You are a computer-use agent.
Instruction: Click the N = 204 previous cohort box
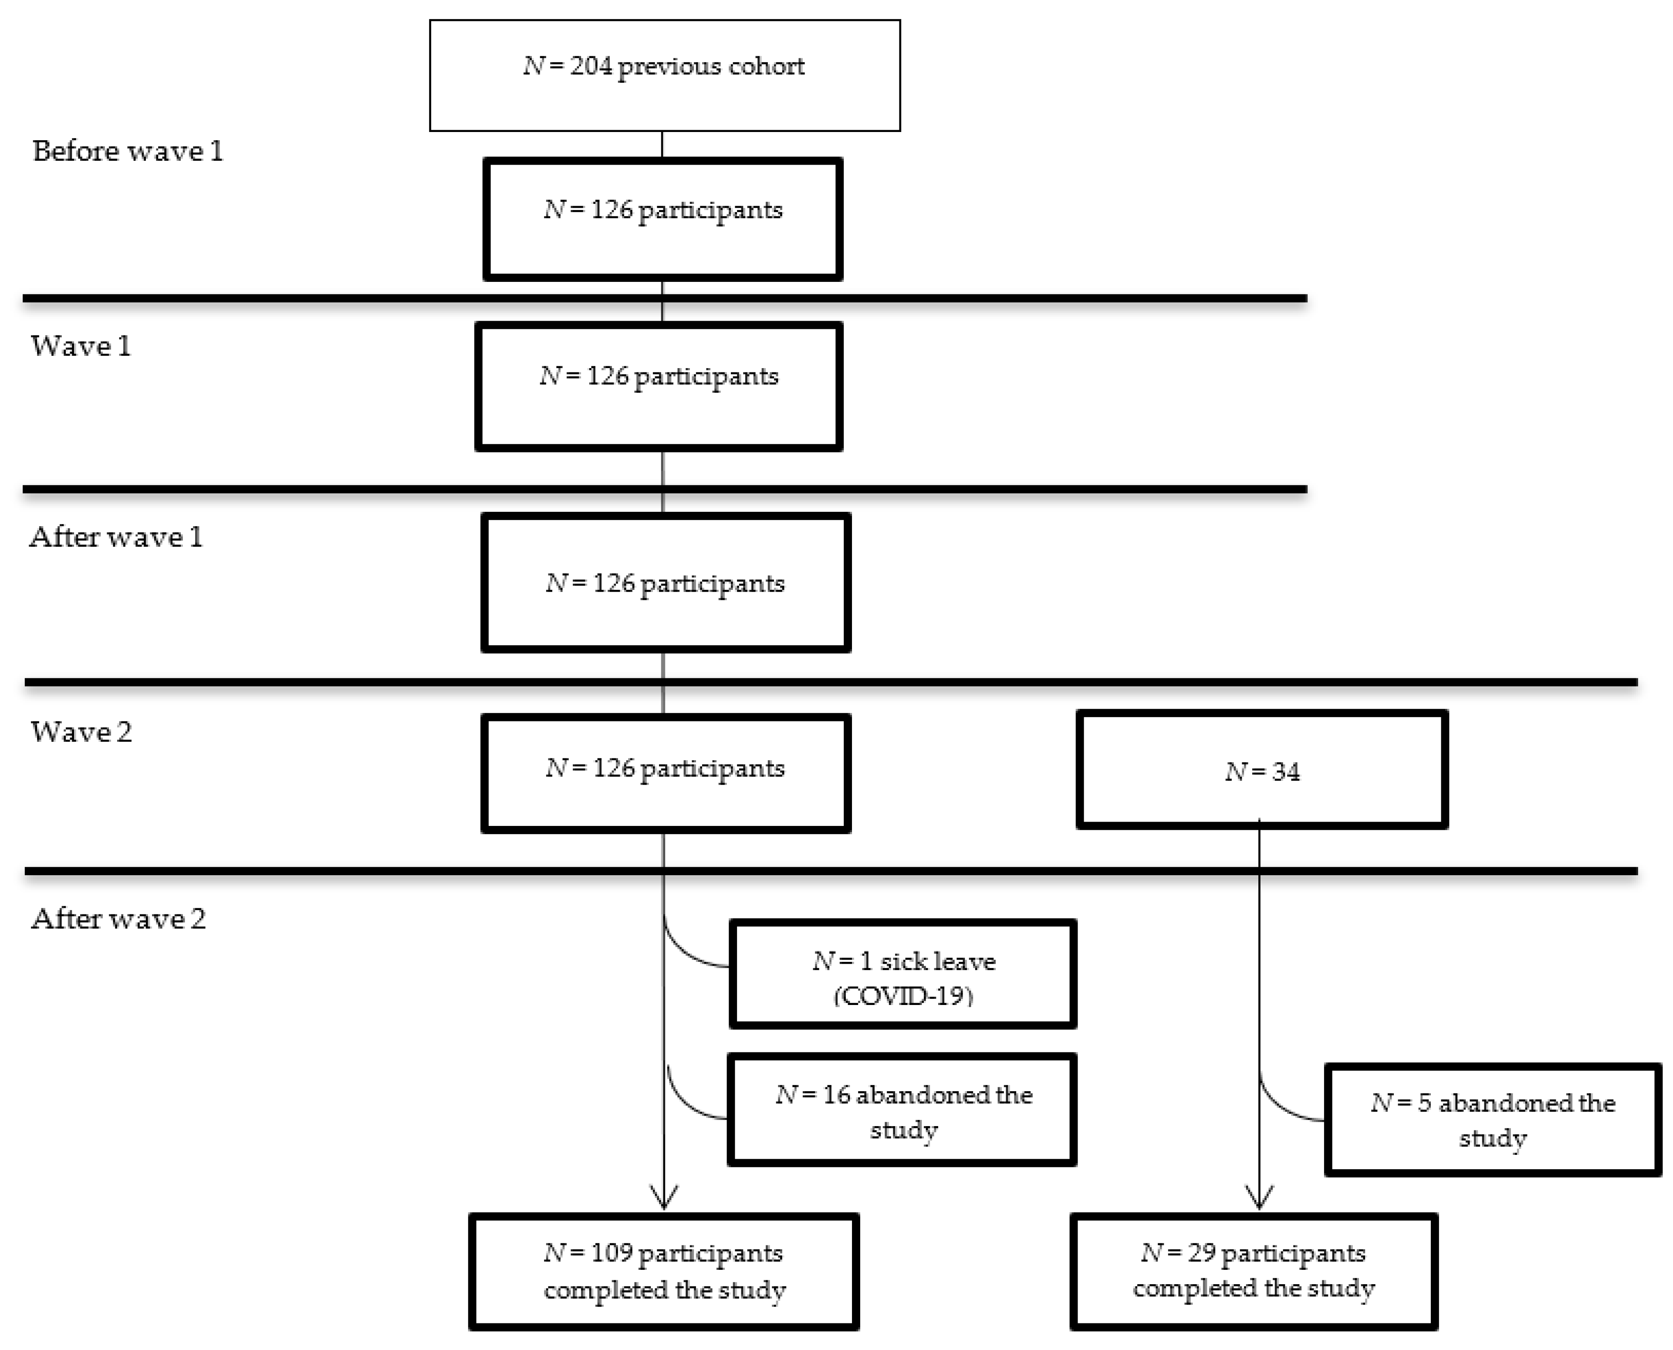(x=665, y=75)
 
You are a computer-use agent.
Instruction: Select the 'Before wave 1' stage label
(x=128, y=151)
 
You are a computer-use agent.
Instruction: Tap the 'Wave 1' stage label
(x=81, y=346)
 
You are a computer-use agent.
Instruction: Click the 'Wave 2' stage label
(x=81, y=732)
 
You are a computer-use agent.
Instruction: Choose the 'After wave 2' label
(x=118, y=918)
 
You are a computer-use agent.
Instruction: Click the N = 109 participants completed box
(x=664, y=1272)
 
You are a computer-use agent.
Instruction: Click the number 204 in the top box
(x=591, y=66)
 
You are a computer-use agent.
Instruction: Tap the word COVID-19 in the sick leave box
(x=903, y=996)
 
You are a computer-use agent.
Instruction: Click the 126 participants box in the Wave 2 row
(x=666, y=773)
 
